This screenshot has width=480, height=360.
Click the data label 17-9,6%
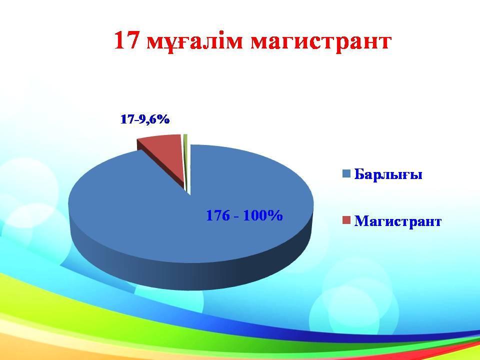point(145,119)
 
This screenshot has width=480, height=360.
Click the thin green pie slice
point(186,159)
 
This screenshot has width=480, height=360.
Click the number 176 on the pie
point(218,215)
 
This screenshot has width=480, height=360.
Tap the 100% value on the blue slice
point(263,215)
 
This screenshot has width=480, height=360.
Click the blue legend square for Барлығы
point(346,174)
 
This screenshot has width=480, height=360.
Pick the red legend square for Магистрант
point(346,220)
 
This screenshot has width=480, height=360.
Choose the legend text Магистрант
point(397,221)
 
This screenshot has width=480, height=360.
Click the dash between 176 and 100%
point(236,216)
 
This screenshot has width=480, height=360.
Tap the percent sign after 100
point(276,215)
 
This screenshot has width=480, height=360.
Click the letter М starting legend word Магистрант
point(360,220)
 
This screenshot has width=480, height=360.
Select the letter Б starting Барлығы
point(359,174)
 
